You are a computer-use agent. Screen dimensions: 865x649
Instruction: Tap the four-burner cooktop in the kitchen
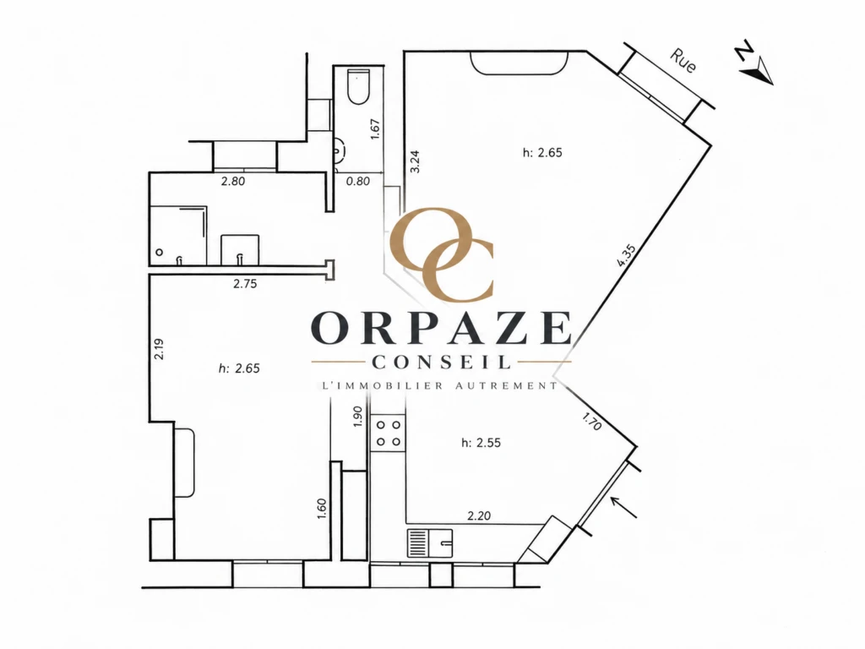(x=389, y=434)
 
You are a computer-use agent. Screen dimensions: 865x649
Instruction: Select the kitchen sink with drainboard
(x=430, y=543)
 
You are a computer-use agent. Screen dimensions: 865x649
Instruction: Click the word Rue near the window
(x=683, y=61)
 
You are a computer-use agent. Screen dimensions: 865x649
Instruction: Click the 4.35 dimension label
(x=627, y=256)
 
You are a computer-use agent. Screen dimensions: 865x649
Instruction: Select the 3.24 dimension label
(x=416, y=161)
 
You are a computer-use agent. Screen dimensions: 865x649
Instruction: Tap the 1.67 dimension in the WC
(x=375, y=129)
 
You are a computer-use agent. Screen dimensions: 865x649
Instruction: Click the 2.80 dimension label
(x=233, y=181)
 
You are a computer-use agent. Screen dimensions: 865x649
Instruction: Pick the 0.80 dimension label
(x=358, y=181)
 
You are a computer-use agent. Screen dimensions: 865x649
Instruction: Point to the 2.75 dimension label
(x=245, y=284)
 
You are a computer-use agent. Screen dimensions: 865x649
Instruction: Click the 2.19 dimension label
(x=160, y=349)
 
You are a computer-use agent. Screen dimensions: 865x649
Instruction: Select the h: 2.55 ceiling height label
(x=481, y=443)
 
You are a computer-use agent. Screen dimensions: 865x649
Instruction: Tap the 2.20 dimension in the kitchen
(x=479, y=516)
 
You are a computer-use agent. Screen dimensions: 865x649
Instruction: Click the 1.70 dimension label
(x=592, y=422)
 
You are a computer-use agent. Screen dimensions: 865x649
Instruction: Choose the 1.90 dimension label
(x=357, y=417)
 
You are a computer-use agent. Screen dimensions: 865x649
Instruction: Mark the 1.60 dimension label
(x=322, y=508)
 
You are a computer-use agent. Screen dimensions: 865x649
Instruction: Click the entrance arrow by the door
(x=624, y=507)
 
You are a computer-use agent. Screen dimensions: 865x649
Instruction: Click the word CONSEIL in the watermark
(x=441, y=362)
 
